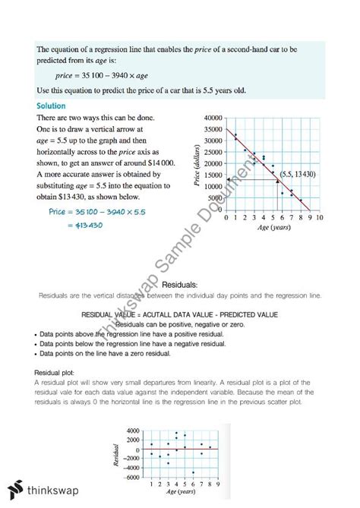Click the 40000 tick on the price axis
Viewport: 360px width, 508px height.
point(212,119)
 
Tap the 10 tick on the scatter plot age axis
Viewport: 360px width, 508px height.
point(321,217)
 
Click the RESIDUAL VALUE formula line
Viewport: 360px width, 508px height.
point(179,314)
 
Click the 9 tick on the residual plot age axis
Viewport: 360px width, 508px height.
point(218,483)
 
